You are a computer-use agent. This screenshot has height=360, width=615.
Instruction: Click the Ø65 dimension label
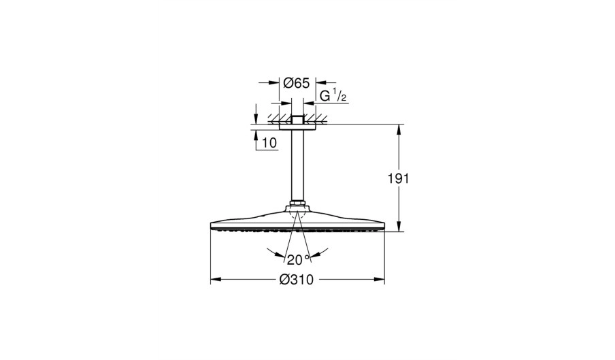tap(296, 83)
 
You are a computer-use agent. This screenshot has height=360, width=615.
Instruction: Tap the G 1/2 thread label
tap(334, 96)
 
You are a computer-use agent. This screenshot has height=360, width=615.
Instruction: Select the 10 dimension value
tap(269, 143)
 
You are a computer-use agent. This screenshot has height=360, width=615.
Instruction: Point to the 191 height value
tap(398, 178)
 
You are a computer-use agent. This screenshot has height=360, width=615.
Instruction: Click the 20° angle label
tap(299, 259)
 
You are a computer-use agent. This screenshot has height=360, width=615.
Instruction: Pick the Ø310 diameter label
tap(297, 280)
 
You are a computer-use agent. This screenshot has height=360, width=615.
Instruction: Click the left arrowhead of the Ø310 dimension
tap(216, 280)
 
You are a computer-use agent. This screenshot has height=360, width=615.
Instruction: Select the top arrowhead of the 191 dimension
tap(399, 130)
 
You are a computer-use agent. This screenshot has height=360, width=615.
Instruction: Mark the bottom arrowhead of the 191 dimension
tap(399, 225)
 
